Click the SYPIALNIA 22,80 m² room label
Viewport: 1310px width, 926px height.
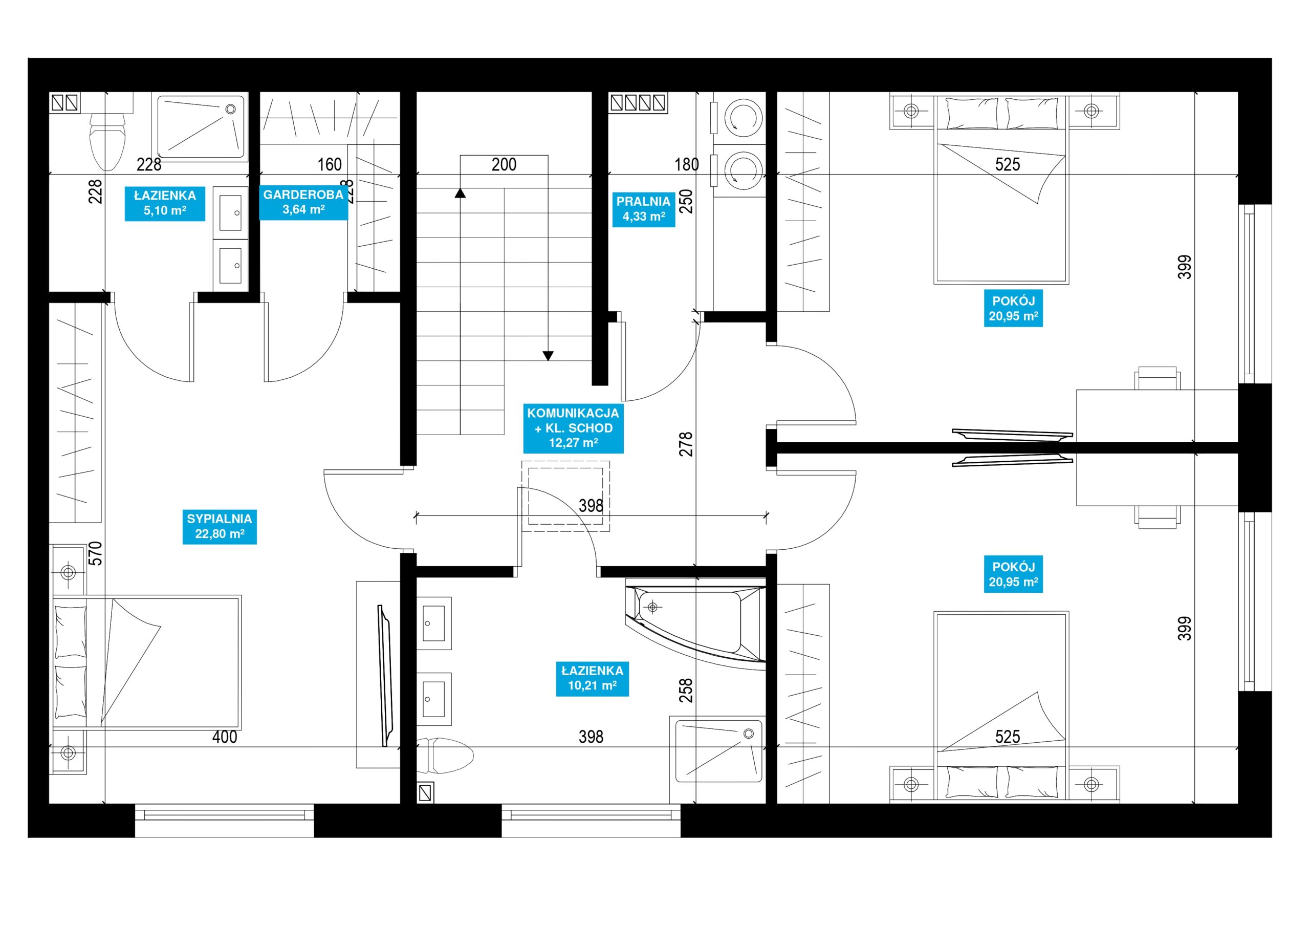tap(220, 526)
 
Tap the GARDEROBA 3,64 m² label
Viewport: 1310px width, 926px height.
tap(303, 202)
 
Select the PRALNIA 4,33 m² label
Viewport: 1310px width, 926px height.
tap(644, 209)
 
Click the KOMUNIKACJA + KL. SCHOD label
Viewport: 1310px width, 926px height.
tap(573, 428)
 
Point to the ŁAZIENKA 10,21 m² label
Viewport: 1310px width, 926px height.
tap(592, 678)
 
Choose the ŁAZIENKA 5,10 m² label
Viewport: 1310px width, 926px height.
tap(165, 203)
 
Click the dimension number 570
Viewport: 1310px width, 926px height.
tap(96, 553)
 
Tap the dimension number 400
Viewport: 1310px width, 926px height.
tap(225, 737)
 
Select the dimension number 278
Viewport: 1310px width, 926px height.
tap(686, 444)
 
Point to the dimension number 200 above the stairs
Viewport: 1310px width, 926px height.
tap(504, 164)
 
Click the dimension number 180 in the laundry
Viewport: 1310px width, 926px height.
tap(686, 164)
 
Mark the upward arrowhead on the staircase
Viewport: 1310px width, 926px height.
tap(461, 193)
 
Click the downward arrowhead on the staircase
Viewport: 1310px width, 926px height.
tap(548, 356)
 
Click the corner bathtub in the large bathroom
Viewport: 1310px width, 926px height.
tap(695, 623)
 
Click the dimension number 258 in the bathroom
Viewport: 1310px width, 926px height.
tap(686, 690)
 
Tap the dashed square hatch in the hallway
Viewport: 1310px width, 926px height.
tap(566, 496)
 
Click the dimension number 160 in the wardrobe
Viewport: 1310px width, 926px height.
tap(329, 164)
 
